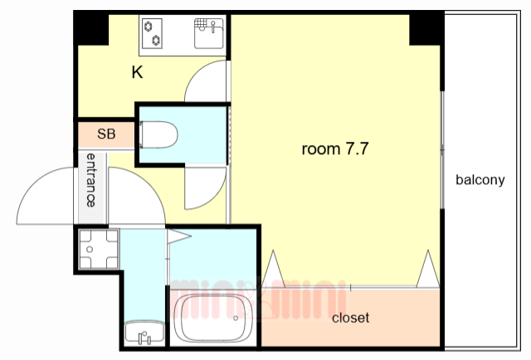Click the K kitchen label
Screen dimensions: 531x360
pyautogui.click(x=137, y=72)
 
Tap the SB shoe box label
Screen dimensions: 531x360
pyautogui.click(x=106, y=134)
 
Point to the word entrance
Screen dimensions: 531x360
pyautogui.click(x=90, y=180)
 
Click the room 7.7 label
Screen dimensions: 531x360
pyautogui.click(x=335, y=148)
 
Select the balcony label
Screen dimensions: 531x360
pyautogui.click(x=480, y=179)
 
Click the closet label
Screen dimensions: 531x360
pyautogui.click(x=350, y=318)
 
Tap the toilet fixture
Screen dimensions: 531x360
pyautogui.click(x=158, y=134)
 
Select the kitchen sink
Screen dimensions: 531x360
pyautogui.click(x=208, y=33)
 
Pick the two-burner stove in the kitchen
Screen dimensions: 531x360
pyautogui.click(x=152, y=33)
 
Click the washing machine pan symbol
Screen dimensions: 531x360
pyautogui.click(x=99, y=249)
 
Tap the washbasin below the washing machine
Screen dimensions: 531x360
pyautogui.click(x=144, y=333)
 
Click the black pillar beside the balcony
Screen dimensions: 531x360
pyautogui.click(x=426, y=30)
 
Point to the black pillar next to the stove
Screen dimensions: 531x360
pyautogui.click(x=92, y=29)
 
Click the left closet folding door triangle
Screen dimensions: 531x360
pyautogui.click(x=273, y=270)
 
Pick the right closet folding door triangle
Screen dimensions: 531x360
pyautogui.click(x=428, y=270)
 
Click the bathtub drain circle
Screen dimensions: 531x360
pyautogui.click(x=236, y=318)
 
